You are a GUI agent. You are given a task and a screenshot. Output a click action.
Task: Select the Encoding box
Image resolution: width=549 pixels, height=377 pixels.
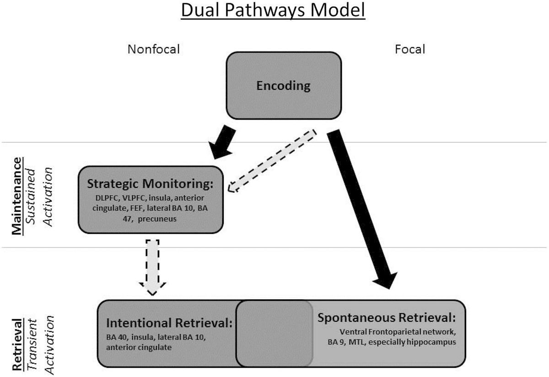[x=283, y=86]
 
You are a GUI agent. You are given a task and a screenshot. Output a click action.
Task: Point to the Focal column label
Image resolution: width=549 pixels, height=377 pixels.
[x=410, y=49]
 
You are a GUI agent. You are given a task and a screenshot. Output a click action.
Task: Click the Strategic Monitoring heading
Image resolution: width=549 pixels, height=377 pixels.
[x=151, y=184]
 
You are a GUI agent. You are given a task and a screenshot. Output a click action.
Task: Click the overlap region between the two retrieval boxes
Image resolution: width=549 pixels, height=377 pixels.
[x=274, y=333]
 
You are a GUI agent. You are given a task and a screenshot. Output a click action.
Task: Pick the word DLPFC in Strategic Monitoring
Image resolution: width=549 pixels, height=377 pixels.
[x=103, y=198]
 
